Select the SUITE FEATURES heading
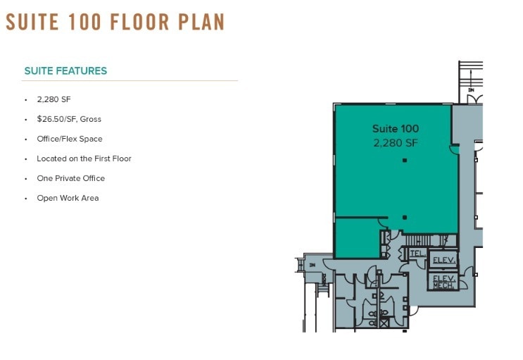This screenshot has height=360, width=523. (65, 71)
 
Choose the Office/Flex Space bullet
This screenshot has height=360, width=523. (70, 139)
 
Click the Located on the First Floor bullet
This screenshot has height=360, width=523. (84, 159)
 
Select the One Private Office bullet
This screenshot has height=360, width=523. (70, 179)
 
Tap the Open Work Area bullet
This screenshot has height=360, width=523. (68, 199)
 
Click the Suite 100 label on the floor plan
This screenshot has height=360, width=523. (395, 129)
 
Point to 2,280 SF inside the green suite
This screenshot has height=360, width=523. (395, 142)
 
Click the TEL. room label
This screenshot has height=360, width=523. (416, 253)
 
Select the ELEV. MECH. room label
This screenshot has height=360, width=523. (442, 281)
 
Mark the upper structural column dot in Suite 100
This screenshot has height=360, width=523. (405, 161)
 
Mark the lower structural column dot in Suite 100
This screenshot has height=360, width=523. (404, 217)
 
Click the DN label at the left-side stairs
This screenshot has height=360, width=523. (312, 265)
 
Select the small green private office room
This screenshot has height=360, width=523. (356, 237)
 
